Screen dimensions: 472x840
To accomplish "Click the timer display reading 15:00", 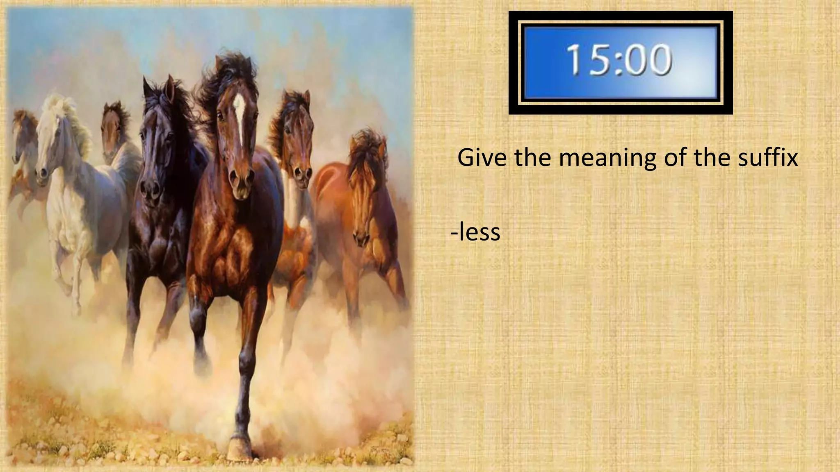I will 620,63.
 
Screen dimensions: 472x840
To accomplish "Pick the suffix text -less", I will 476,232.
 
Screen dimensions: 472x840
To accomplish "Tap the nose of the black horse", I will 150,189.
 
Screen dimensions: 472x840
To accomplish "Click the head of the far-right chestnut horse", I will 363,197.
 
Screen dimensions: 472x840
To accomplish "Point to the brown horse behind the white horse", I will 113,131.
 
